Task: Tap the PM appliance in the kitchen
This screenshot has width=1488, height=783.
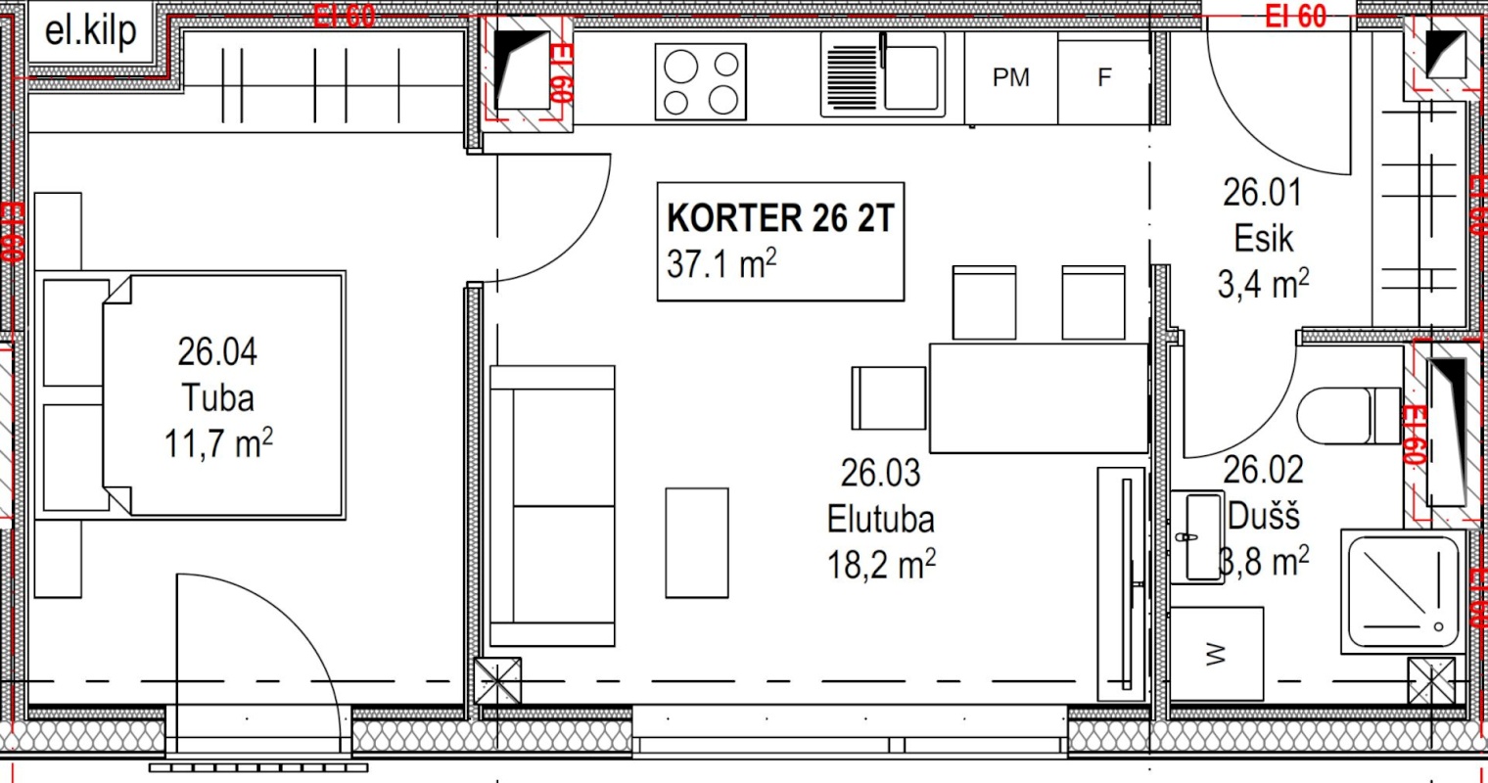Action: click(1010, 77)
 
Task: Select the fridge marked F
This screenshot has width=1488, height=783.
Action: click(1104, 77)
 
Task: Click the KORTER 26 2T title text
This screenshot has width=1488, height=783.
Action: click(780, 218)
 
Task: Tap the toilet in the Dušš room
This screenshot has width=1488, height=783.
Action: click(1346, 416)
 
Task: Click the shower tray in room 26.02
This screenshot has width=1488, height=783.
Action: click(1402, 592)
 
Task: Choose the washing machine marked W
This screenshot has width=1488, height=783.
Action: click(1217, 654)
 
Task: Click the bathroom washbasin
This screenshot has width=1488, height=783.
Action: click(1203, 537)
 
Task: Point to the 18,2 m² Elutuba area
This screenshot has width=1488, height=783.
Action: click(881, 565)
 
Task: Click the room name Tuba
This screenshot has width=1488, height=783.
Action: click(217, 397)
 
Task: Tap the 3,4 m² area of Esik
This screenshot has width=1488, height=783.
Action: click(1263, 285)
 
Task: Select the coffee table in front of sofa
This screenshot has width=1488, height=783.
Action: click(696, 542)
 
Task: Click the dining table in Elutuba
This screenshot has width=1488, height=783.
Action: click(1038, 397)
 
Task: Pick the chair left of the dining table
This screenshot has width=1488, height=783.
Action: click(888, 397)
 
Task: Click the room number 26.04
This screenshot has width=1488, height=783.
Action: click(217, 350)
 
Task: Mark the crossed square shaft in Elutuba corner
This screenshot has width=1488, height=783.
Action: click(497, 680)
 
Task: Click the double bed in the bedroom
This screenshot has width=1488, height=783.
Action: click(225, 394)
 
